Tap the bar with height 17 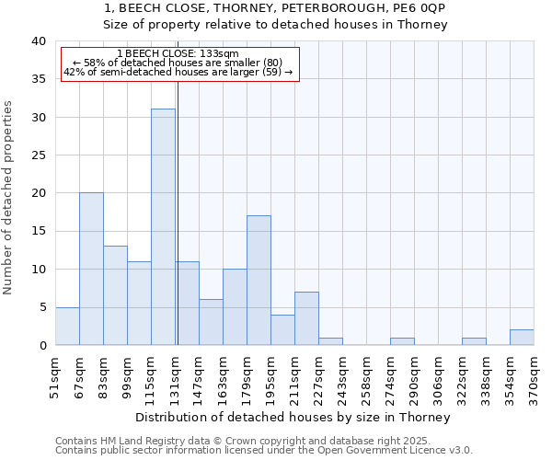(259, 281)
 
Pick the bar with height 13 (115, 295)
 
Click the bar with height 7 (306, 318)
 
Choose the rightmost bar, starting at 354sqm (522, 337)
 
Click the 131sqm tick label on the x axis (175, 377)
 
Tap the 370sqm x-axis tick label (534, 377)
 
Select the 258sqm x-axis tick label (366, 377)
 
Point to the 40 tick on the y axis (39, 41)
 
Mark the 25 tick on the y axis (39, 155)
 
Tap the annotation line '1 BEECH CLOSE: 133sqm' (178, 54)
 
